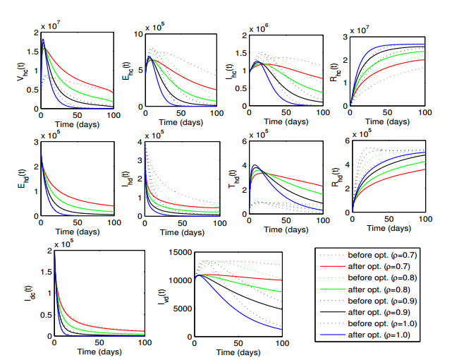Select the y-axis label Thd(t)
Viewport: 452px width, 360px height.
click(x=226, y=176)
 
